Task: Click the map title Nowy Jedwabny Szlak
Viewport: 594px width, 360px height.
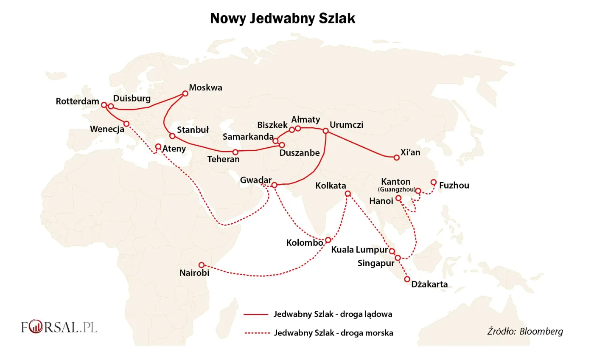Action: (x=283, y=19)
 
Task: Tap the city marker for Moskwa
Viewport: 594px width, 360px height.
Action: (x=185, y=93)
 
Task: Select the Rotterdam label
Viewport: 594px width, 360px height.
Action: (x=77, y=102)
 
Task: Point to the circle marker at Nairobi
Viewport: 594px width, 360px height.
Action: (x=202, y=265)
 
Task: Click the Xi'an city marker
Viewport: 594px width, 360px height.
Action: (x=397, y=157)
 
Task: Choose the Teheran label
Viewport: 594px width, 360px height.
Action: (x=223, y=160)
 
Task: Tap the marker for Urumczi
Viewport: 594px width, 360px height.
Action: (x=325, y=131)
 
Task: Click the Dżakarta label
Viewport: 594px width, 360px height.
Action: (x=429, y=284)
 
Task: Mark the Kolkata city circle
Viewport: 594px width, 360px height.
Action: (x=348, y=194)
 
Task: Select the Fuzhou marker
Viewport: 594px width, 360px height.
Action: (x=434, y=182)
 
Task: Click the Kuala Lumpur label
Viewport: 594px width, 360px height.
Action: (x=359, y=250)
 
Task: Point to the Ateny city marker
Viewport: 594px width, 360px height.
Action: (x=158, y=146)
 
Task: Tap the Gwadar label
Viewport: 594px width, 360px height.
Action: (x=255, y=180)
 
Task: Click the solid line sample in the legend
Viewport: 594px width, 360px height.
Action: (x=256, y=315)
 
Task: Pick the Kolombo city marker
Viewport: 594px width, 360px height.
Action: (x=328, y=240)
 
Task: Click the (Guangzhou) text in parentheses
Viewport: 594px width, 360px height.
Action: (x=396, y=189)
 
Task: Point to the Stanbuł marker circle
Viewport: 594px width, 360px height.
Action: (x=172, y=136)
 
